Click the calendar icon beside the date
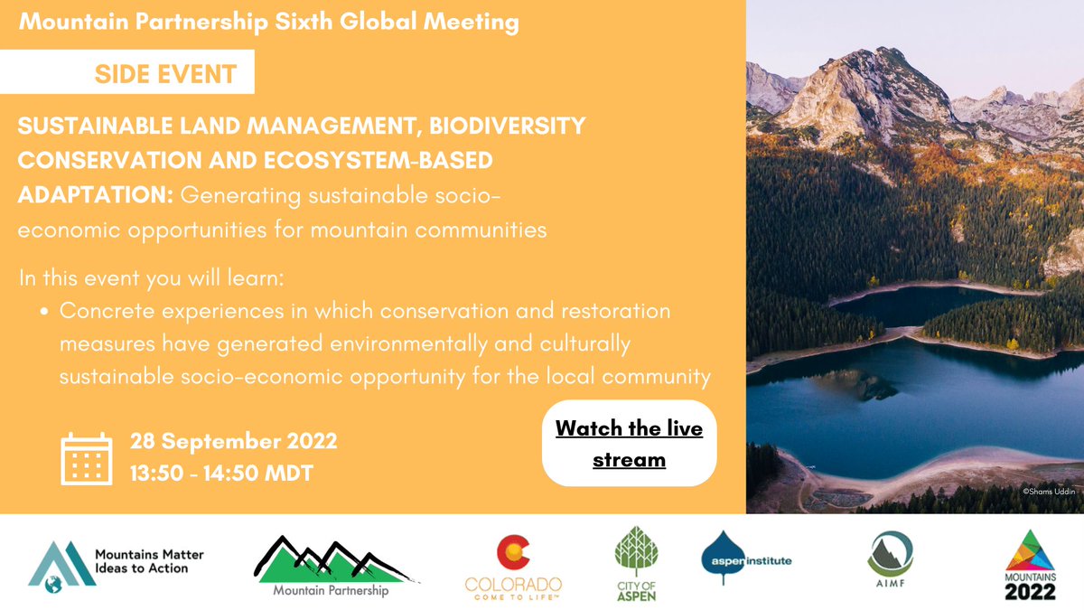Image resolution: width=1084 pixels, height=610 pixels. [87, 458]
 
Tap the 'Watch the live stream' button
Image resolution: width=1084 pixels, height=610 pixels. [629, 443]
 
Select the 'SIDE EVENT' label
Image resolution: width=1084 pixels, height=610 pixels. [165, 73]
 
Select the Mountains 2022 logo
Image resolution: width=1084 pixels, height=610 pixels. [1030, 565]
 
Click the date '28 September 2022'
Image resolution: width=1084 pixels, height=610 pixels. [234, 442]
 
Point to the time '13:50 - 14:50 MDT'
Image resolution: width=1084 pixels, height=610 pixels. [221, 473]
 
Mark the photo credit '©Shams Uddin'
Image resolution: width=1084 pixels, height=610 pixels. [1050, 491]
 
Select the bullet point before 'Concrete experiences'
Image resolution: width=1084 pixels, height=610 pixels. [45, 312]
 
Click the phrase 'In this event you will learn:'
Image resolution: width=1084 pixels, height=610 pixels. [152, 277]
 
